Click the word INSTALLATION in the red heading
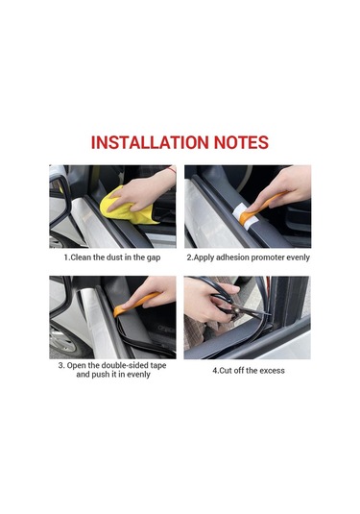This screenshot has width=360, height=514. tap(150, 142)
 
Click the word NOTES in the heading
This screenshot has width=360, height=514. tap(241, 142)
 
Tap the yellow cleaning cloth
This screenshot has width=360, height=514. tap(126, 208)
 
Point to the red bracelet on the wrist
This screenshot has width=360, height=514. tap(172, 170)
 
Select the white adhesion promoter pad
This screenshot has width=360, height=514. tap(244, 215)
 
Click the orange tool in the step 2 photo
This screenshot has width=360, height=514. tap(260, 208)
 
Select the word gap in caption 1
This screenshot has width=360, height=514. tap(154, 258)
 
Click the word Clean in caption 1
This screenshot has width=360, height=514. tap(82, 257)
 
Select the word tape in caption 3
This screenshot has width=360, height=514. tap(158, 366)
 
